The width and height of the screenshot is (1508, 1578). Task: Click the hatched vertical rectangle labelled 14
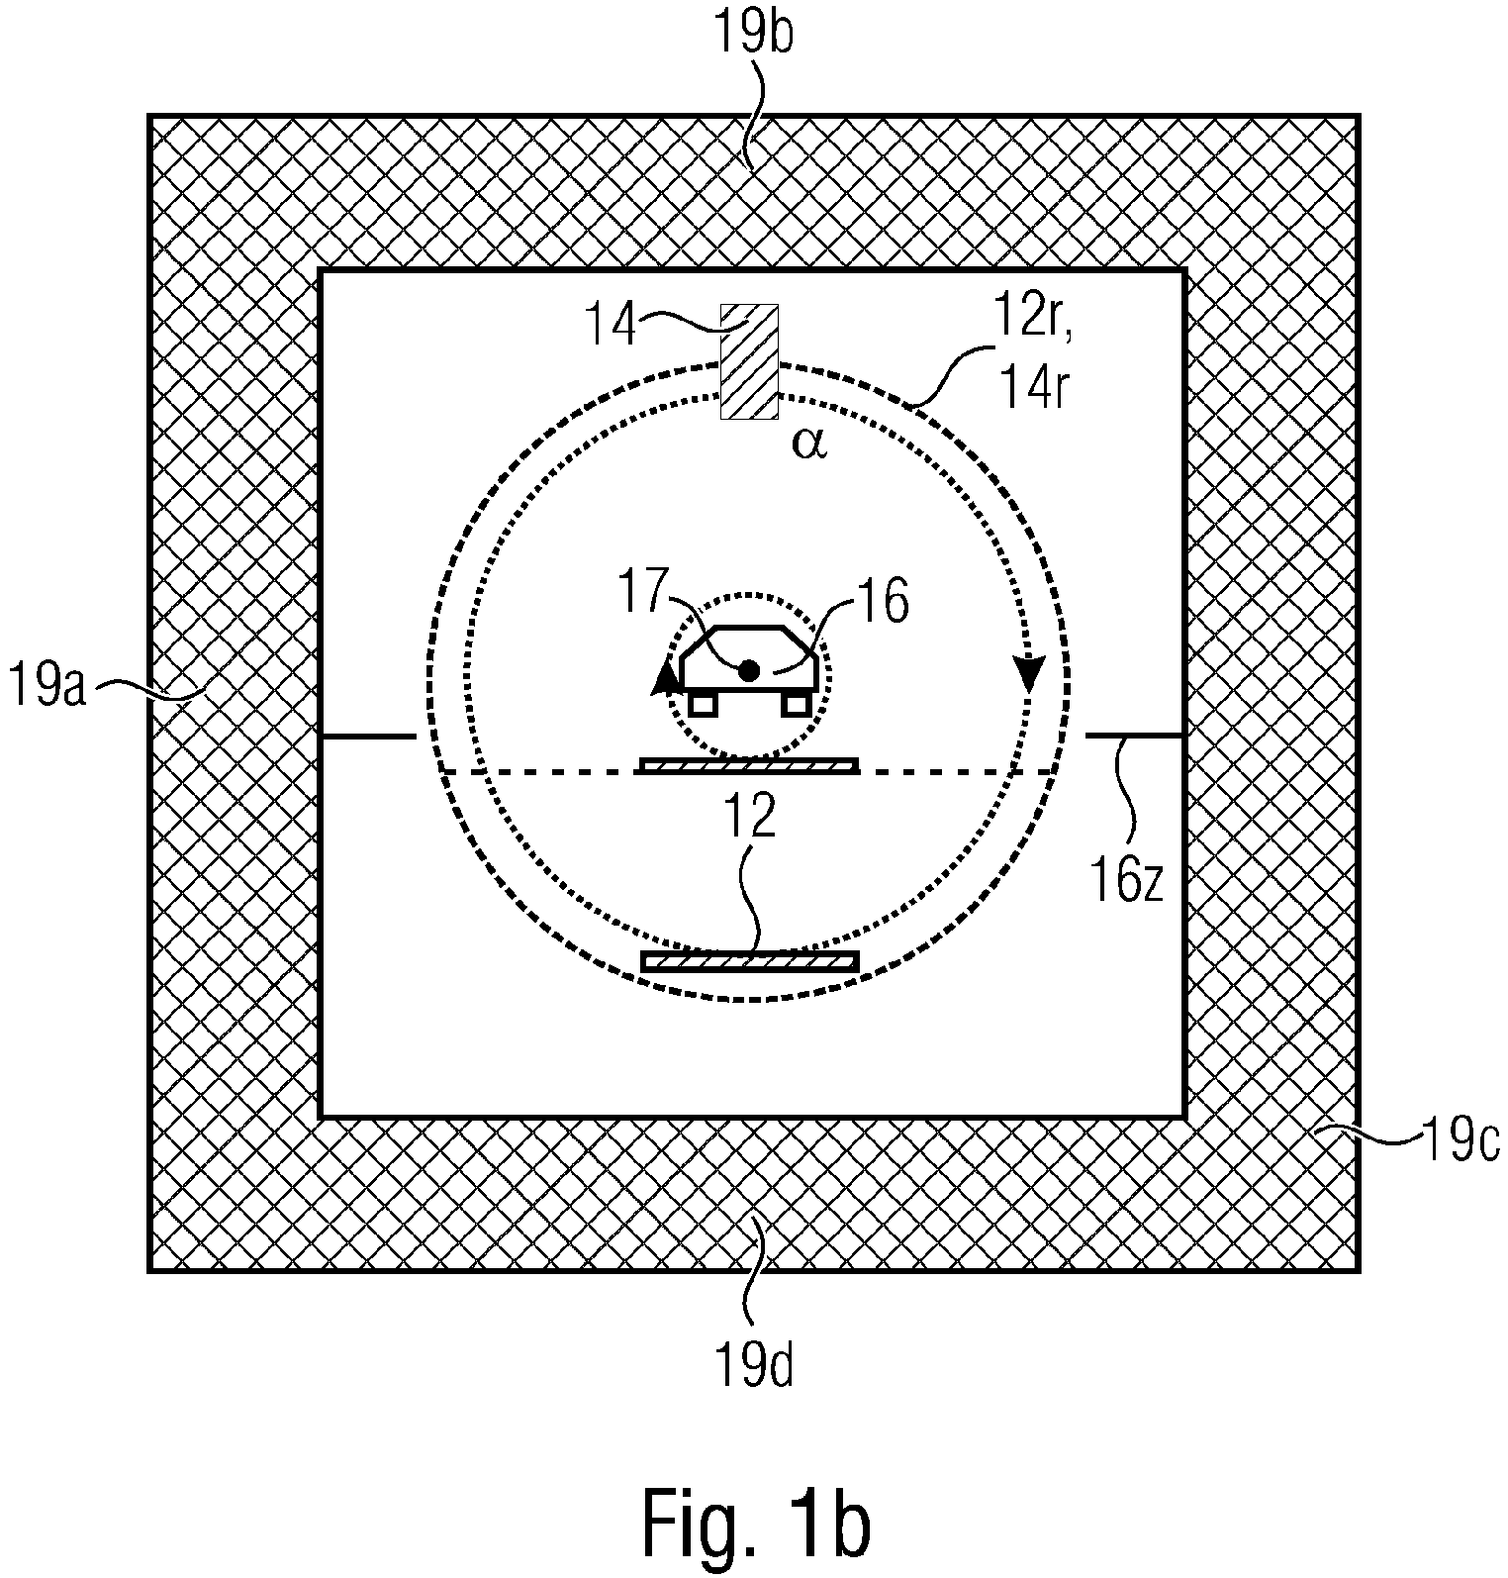pyautogui.click(x=748, y=360)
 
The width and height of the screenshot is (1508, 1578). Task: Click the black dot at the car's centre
pyautogui.click(x=749, y=671)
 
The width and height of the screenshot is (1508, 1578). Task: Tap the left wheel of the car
pyautogui.click(x=702, y=703)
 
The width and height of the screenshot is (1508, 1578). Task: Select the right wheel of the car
pyautogui.click(x=796, y=703)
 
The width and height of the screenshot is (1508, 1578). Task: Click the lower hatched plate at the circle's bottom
pyautogui.click(x=749, y=961)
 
